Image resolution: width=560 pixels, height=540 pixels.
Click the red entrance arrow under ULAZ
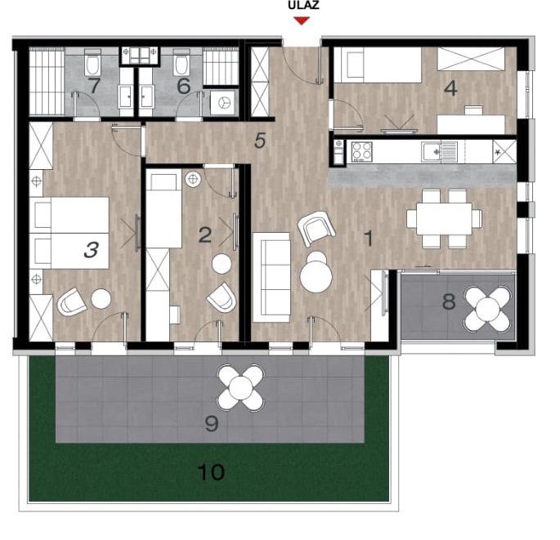(x=302, y=21)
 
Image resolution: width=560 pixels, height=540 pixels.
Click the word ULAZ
(x=303, y=6)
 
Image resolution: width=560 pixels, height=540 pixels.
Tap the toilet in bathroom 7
(x=92, y=63)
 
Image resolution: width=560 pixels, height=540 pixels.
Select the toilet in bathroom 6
(x=181, y=64)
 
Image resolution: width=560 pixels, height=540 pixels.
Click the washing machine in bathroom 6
(x=222, y=103)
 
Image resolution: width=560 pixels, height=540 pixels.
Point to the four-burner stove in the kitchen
(x=361, y=151)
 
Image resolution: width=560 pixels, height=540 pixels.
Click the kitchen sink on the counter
(x=439, y=151)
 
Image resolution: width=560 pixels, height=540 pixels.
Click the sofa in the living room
(x=271, y=277)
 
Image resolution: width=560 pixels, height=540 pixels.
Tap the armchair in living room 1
(x=316, y=228)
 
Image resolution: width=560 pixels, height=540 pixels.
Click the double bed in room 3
(x=69, y=233)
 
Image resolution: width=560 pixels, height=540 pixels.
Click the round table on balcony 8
(x=486, y=308)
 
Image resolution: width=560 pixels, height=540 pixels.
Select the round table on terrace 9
(x=241, y=387)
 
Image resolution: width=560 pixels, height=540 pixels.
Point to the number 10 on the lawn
(x=211, y=472)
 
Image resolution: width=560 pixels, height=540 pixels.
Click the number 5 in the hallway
(x=260, y=141)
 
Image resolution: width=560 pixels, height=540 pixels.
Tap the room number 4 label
(x=450, y=88)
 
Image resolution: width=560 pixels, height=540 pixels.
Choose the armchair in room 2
(x=222, y=297)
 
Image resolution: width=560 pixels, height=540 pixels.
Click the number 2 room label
(x=205, y=235)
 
